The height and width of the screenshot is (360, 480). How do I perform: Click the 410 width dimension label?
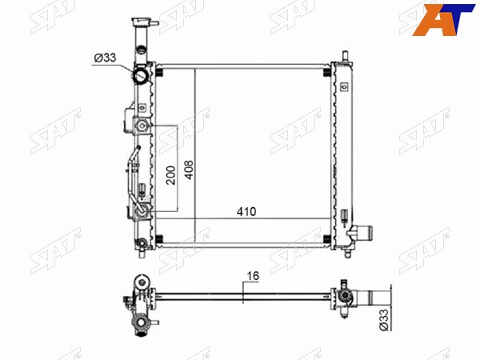[x=246, y=211]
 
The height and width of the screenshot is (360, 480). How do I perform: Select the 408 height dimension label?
[x=189, y=170]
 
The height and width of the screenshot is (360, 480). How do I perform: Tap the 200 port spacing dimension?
[x=171, y=175]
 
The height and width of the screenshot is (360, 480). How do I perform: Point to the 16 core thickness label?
[x=253, y=276]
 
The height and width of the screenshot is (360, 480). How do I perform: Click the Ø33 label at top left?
[x=105, y=58]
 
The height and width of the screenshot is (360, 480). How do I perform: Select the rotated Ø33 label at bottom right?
[x=384, y=319]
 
